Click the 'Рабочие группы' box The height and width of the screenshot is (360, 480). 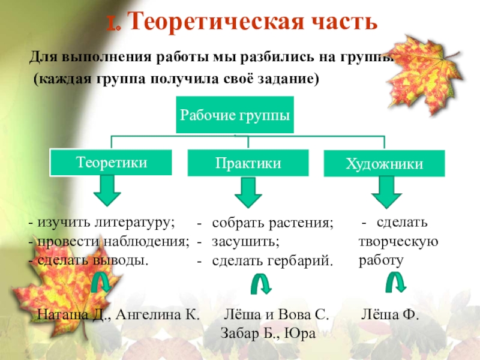(235, 114)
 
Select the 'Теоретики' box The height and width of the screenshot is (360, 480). (111, 162)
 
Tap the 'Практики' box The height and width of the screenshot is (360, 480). (247, 163)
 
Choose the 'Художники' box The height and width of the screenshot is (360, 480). (384, 164)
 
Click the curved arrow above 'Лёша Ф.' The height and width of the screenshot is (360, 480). (395, 284)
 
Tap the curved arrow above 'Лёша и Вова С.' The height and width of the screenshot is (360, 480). (259, 284)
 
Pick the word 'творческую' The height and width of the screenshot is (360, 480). (398, 242)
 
